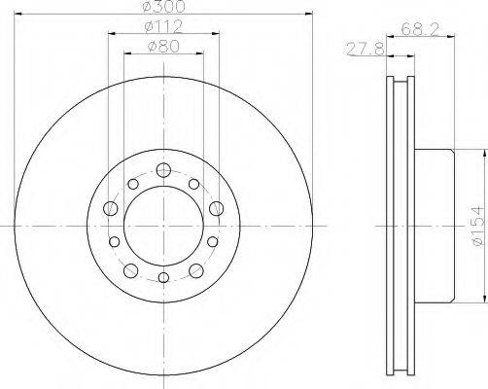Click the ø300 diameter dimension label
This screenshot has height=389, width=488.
coord(164,7)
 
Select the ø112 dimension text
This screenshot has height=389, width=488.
coord(164,27)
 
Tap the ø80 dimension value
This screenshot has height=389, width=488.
coord(163,47)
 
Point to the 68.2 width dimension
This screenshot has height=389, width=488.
coord(421,30)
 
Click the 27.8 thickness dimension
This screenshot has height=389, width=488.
coord(366,50)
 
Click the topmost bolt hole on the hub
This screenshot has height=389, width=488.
coord(163,170)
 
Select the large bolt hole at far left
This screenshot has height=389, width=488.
coord(110,208)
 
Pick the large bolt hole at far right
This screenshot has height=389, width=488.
coord(216,208)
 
